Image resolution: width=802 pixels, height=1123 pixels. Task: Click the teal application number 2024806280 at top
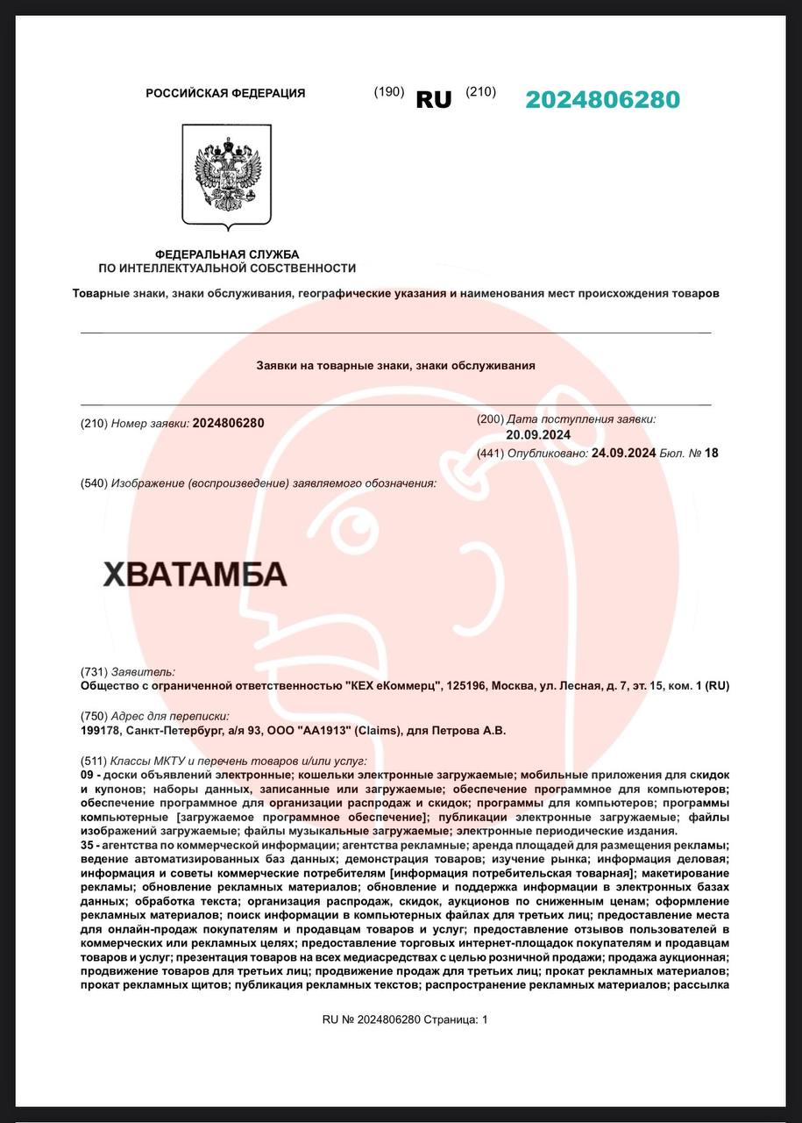point(602,100)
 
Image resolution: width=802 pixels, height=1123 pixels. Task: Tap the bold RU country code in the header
point(434,100)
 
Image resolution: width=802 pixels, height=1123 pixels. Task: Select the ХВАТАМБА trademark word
point(195,574)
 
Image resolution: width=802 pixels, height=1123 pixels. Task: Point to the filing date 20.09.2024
point(538,434)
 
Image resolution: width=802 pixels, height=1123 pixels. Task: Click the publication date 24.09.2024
point(623,453)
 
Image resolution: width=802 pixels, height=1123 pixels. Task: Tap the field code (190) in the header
point(389,92)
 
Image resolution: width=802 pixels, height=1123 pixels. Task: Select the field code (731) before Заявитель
point(94,671)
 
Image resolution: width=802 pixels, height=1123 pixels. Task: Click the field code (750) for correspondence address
point(94,716)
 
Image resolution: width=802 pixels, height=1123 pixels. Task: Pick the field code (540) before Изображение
point(94,483)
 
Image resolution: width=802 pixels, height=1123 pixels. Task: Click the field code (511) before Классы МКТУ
point(94,761)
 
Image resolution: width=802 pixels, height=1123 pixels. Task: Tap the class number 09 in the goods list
point(88,776)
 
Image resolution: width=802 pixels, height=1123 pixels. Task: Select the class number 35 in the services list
point(88,846)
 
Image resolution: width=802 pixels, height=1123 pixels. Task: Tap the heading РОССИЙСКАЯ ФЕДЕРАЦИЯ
point(225,93)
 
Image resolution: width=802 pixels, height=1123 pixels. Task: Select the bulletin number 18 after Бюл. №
point(711,453)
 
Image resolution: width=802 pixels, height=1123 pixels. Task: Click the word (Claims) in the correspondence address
point(379,730)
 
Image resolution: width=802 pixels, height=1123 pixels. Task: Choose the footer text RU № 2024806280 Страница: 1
point(404,1019)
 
